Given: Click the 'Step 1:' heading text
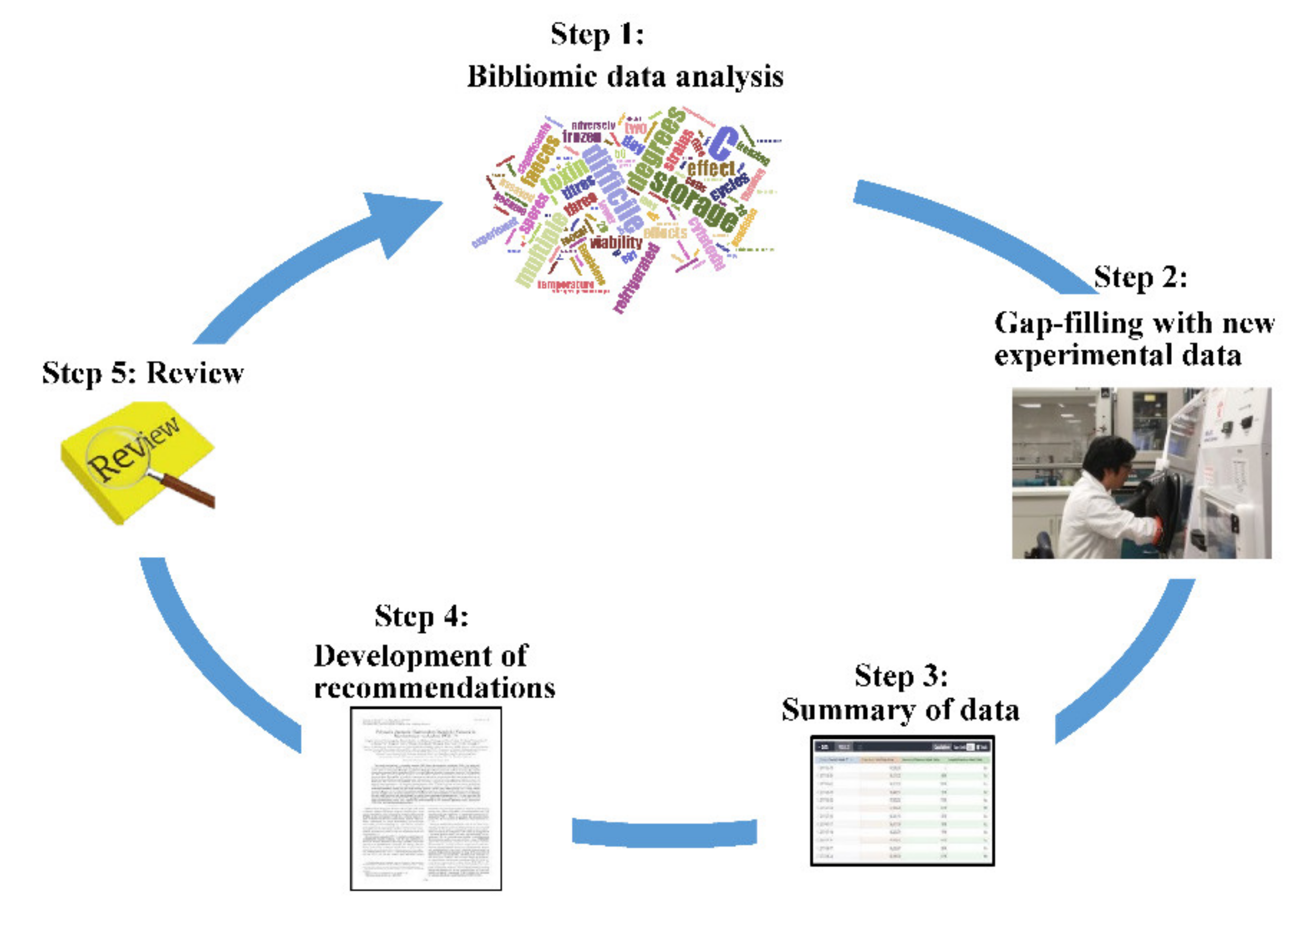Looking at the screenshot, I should point(597,34).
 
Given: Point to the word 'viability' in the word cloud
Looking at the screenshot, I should point(616,242).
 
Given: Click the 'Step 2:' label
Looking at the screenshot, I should point(1140,278).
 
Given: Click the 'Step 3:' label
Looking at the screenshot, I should point(900,675).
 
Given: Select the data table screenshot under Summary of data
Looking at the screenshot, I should point(902,800).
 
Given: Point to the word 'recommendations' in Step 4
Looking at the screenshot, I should point(434,688).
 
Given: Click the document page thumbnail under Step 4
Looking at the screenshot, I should point(426,798).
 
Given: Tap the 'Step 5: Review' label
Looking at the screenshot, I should point(142,373).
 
